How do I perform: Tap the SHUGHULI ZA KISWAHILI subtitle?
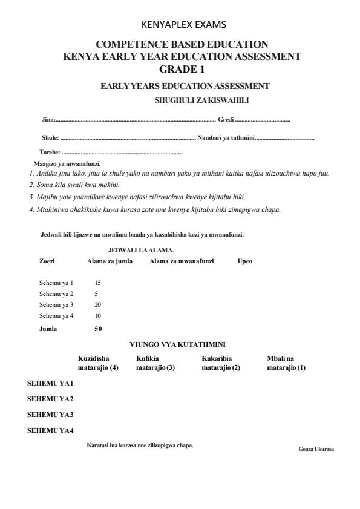[x=202, y=100]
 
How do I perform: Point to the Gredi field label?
[x=226, y=120]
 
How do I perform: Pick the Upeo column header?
[x=245, y=261]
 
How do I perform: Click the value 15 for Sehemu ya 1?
[x=98, y=283]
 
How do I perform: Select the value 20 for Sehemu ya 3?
[x=98, y=304]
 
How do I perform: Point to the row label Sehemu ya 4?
[x=56, y=315]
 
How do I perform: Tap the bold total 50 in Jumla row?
[x=98, y=329]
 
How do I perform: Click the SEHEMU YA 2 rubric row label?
[x=50, y=399]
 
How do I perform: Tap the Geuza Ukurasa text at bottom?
[x=316, y=449]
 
